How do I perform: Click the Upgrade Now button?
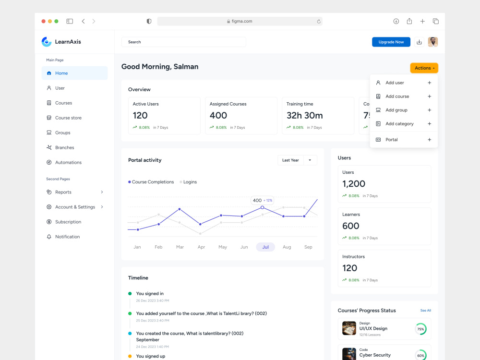pos(391,42)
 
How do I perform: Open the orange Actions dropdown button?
pos(424,68)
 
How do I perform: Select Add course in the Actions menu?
pos(397,96)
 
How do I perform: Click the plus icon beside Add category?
pos(429,124)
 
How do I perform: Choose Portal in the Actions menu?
pos(392,140)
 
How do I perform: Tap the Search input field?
pos(184,42)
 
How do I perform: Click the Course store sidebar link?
pos(68,118)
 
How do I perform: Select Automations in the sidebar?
pos(68,163)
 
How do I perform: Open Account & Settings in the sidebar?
pos(75,207)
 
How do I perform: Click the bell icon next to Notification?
pos(49,237)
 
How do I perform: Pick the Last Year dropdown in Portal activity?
pos(297,160)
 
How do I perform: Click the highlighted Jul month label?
pos(265,247)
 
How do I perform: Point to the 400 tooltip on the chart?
pos(262,201)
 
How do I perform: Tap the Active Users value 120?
pos(140,115)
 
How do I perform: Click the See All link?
pos(425,311)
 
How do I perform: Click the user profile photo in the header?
pos(433,42)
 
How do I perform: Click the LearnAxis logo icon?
pos(47,42)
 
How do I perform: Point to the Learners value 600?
pos(351,226)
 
